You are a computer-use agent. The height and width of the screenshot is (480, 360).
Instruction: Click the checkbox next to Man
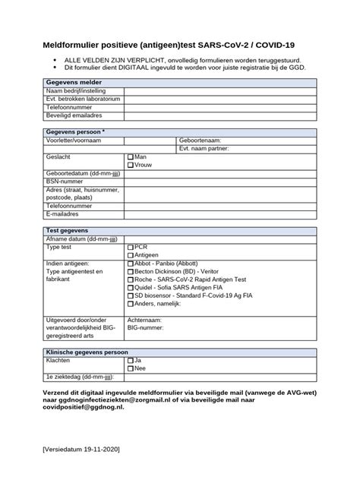point(130,156)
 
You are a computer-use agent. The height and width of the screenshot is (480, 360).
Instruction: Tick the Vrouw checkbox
point(130,164)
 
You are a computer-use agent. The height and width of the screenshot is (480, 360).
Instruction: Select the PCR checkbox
point(130,247)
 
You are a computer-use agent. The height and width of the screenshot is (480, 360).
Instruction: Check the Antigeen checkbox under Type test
point(130,255)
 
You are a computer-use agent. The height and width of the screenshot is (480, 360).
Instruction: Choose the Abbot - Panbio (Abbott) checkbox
point(130,264)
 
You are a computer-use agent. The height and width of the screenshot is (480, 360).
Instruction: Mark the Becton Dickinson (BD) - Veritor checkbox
point(130,271)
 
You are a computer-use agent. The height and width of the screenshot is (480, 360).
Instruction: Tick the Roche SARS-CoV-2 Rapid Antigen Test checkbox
point(130,279)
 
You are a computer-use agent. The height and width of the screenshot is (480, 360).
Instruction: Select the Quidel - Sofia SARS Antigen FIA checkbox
point(130,288)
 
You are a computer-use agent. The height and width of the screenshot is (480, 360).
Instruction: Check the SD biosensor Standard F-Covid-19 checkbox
point(130,296)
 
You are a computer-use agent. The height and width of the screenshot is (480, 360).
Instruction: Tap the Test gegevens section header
point(68,230)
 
